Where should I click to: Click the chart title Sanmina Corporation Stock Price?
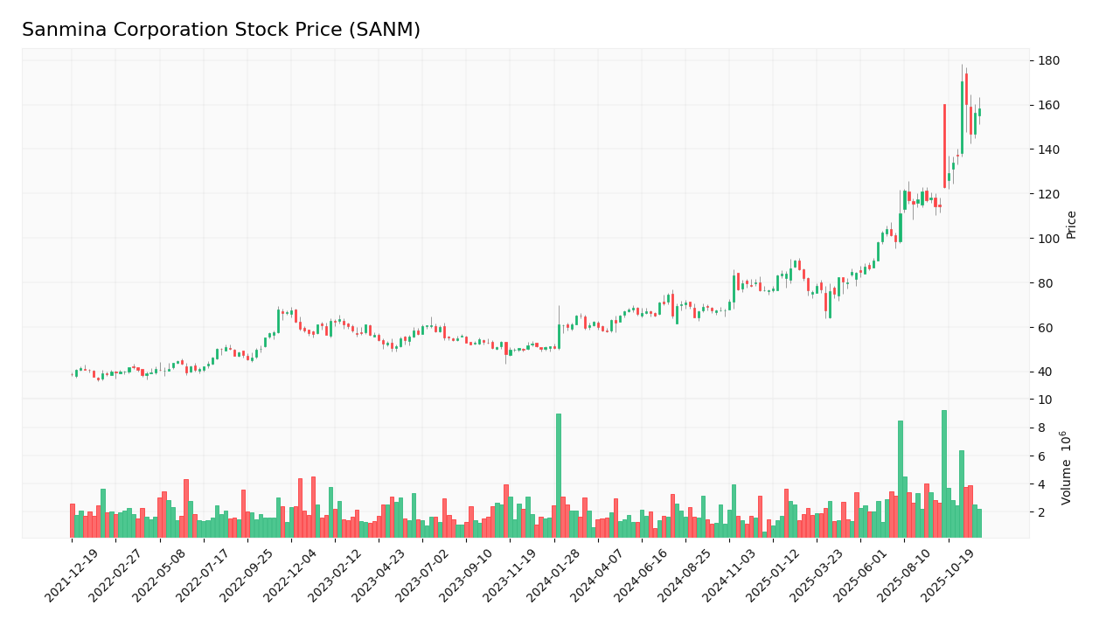(x=220, y=31)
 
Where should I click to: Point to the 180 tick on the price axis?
(x=1049, y=60)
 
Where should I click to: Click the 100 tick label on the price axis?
(x=1049, y=239)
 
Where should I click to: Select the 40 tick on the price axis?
(x=1046, y=372)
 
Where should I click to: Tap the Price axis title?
(x=1071, y=225)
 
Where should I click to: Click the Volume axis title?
(x=1067, y=468)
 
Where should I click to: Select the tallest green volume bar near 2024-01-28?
(x=559, y=476)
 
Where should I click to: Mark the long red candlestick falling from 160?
(x=944, y=146)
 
